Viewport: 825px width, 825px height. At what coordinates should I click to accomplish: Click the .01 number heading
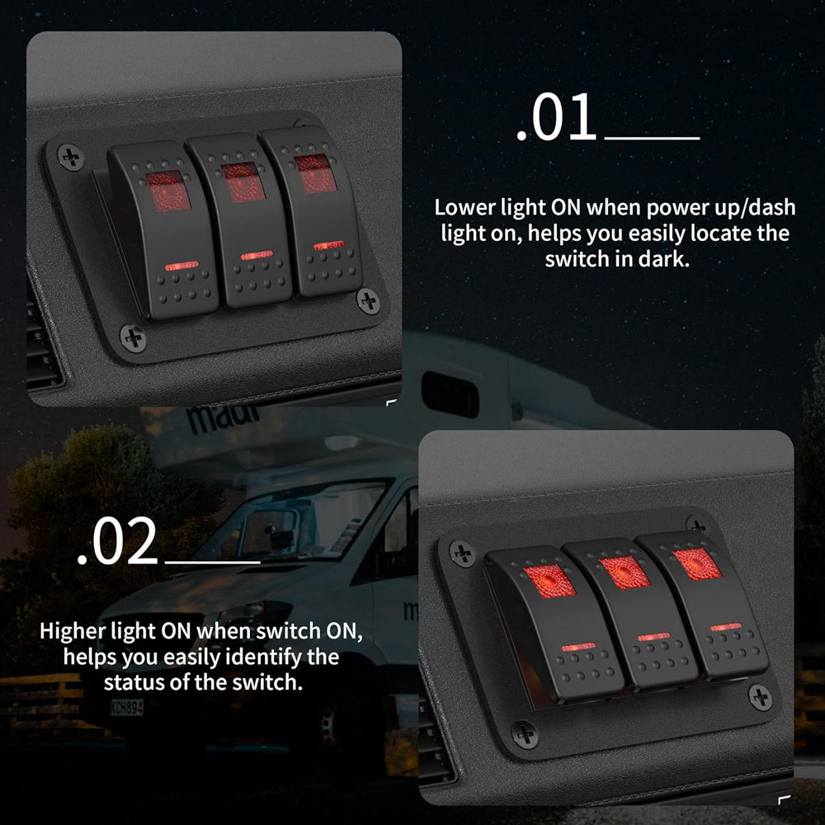[x=556, y=117]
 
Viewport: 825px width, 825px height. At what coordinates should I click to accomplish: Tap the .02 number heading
[x=117, y=541]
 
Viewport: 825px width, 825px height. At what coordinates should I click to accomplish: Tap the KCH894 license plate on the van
[x=127, y=707]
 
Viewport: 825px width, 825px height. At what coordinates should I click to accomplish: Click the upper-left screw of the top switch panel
[x=70, y=157]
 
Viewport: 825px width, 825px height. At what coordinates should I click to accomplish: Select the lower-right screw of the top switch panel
[x=368, y=301]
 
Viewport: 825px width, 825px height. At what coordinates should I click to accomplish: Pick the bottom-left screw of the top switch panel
[x=133, y=337]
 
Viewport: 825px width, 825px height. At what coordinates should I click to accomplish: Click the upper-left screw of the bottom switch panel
[x=463, y=554]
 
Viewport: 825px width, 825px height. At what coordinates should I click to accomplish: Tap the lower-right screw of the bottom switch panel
[x=761, y=698]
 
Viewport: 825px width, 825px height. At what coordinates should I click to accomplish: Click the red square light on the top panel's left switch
[x=167, y=191]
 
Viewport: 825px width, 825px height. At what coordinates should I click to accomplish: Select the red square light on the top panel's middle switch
[x=243, y=181]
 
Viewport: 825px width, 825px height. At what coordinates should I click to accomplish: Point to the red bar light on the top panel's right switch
[x=329, y=245]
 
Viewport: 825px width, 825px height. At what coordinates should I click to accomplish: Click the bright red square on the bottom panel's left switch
[x=549, y=581]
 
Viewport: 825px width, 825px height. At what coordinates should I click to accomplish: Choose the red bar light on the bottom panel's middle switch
[x=654, y=637]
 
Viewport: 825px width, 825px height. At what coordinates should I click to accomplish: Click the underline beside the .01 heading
[x=653, y=139]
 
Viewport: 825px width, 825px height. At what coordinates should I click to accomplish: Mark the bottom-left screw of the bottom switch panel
[x=525, y=734]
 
